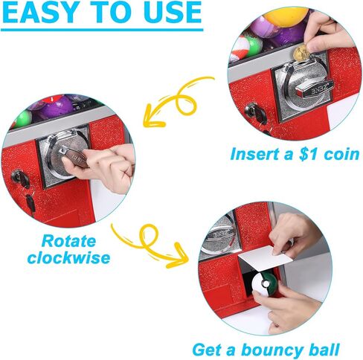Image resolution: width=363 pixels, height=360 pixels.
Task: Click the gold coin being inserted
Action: click(301, 53)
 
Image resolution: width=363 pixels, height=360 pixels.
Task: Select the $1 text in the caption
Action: click(294, 155)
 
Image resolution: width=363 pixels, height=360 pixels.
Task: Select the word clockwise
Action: click(68, 258)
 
